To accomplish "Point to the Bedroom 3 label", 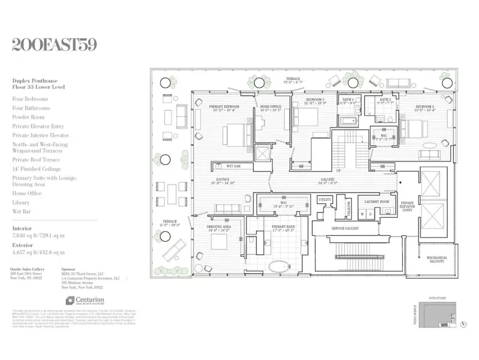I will (x=315, y=99).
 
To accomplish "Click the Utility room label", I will (x=325, y=199).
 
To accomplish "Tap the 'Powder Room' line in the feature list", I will (x=28, y=117).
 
